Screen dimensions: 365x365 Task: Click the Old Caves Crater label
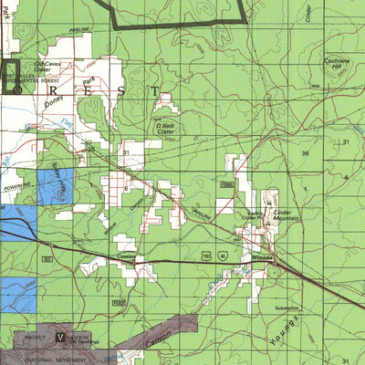[x=47, y=66]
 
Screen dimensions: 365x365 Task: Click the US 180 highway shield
[x=209, y=257]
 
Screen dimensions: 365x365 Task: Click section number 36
[x=306, y=153]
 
